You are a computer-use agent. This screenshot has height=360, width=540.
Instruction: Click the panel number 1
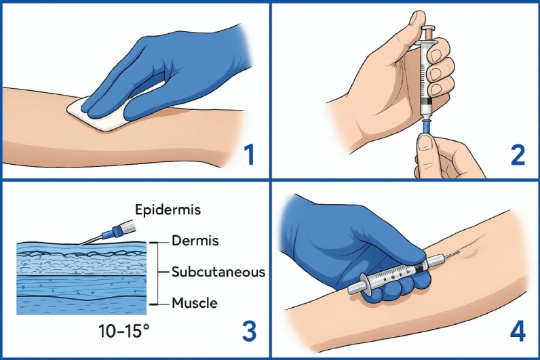point(249,155)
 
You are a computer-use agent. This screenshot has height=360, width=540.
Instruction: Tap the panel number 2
point(518,155)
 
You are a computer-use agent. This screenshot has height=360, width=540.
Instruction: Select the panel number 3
point(250,331)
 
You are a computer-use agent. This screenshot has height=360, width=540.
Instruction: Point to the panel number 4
point(518,331)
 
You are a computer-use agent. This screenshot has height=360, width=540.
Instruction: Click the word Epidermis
point(168,209)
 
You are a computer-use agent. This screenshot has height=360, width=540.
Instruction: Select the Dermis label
point(195,240)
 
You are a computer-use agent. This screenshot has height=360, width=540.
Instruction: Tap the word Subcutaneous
point(218,272)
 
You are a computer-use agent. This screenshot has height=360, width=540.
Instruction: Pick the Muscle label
point(195,303)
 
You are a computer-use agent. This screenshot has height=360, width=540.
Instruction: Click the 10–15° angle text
point(124,331)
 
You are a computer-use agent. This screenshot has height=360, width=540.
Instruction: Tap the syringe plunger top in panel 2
point(428,28)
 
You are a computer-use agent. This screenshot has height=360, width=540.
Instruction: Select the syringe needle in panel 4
point(450,256)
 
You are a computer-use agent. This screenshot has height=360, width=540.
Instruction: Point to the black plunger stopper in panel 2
point(427,101)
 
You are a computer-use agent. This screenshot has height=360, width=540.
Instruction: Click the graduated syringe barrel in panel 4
point(396,273)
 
